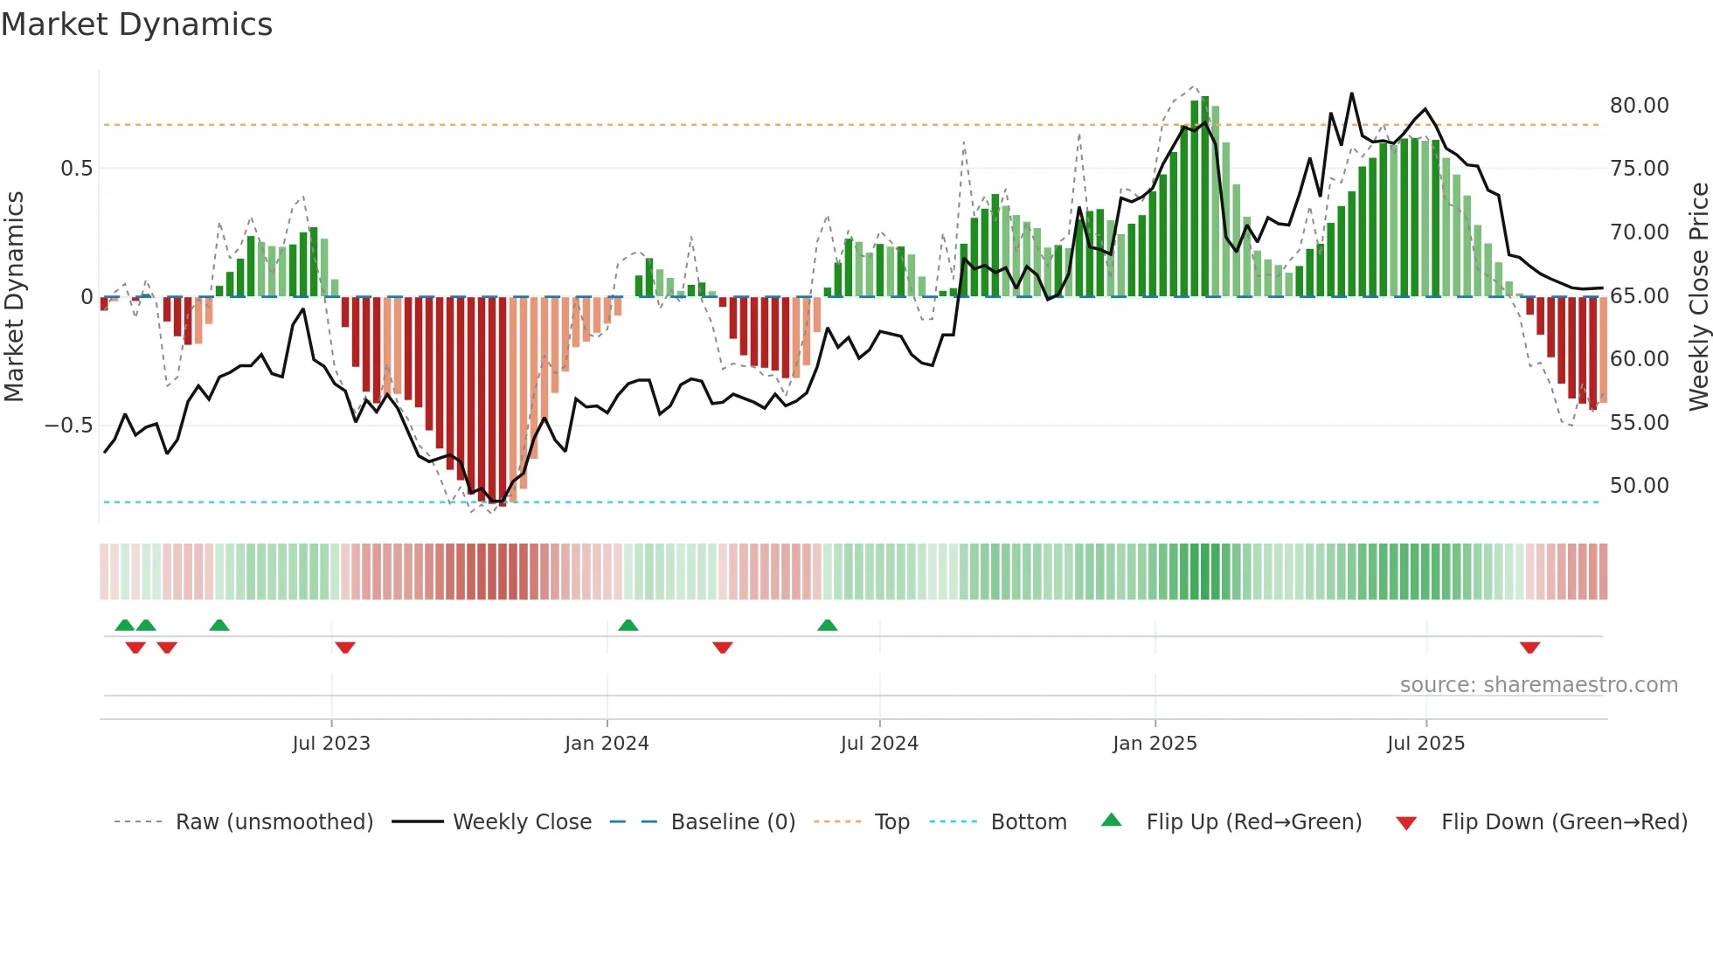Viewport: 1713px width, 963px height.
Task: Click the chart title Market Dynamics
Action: click(136, 24)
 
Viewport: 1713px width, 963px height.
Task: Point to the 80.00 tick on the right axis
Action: click(1639, 106)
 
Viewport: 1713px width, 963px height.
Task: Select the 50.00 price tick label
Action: click(1639, 486)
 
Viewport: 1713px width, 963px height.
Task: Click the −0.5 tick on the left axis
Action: click(68, 426)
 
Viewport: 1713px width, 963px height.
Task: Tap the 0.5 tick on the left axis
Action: click(76, 169)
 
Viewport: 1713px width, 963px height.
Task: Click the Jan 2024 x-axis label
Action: click(607, 744)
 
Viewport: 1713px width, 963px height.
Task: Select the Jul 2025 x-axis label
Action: click(1425, 744)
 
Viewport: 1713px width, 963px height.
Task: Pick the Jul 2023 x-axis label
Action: click(331, 744)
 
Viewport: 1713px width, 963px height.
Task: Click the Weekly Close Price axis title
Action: click(1698, 296)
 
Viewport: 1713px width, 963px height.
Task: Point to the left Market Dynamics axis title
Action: click(15, 296)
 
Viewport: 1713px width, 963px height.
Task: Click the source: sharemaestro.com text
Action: click(1538, 685)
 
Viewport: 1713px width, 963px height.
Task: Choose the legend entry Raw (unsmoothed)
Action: click(274, 822)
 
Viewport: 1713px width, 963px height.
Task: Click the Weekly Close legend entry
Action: click(522, 822)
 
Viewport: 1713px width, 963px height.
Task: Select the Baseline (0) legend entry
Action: click(732, 822)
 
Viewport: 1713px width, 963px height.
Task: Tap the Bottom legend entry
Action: click(1028, 822)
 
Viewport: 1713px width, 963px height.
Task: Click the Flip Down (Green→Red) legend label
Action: click(1564, 822)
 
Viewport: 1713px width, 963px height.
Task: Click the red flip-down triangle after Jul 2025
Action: click(1529, 648)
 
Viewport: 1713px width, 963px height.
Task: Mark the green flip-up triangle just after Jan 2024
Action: click(628, 625)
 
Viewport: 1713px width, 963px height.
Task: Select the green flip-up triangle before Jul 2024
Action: click(828, 625)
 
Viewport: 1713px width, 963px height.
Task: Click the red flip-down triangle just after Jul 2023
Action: click(345, 648)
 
